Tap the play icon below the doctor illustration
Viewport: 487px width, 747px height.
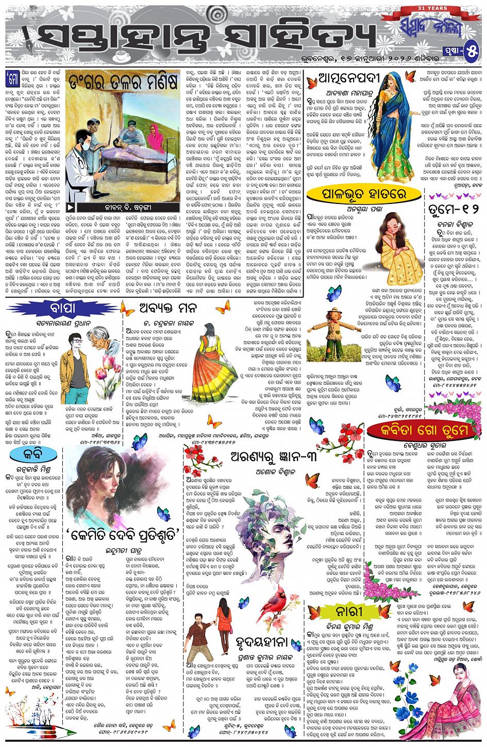point(71,208)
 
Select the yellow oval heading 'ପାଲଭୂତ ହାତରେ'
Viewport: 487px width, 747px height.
point(364,194)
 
